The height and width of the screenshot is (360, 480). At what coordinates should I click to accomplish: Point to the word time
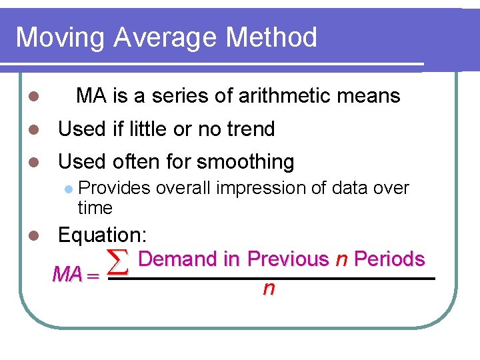pos(95,208)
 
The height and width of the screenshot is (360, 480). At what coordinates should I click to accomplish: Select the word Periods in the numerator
pos(389,259)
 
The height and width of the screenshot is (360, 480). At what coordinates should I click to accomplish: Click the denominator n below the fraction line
pos(269,289)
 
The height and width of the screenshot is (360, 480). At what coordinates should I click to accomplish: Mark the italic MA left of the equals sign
pos(67,275)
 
